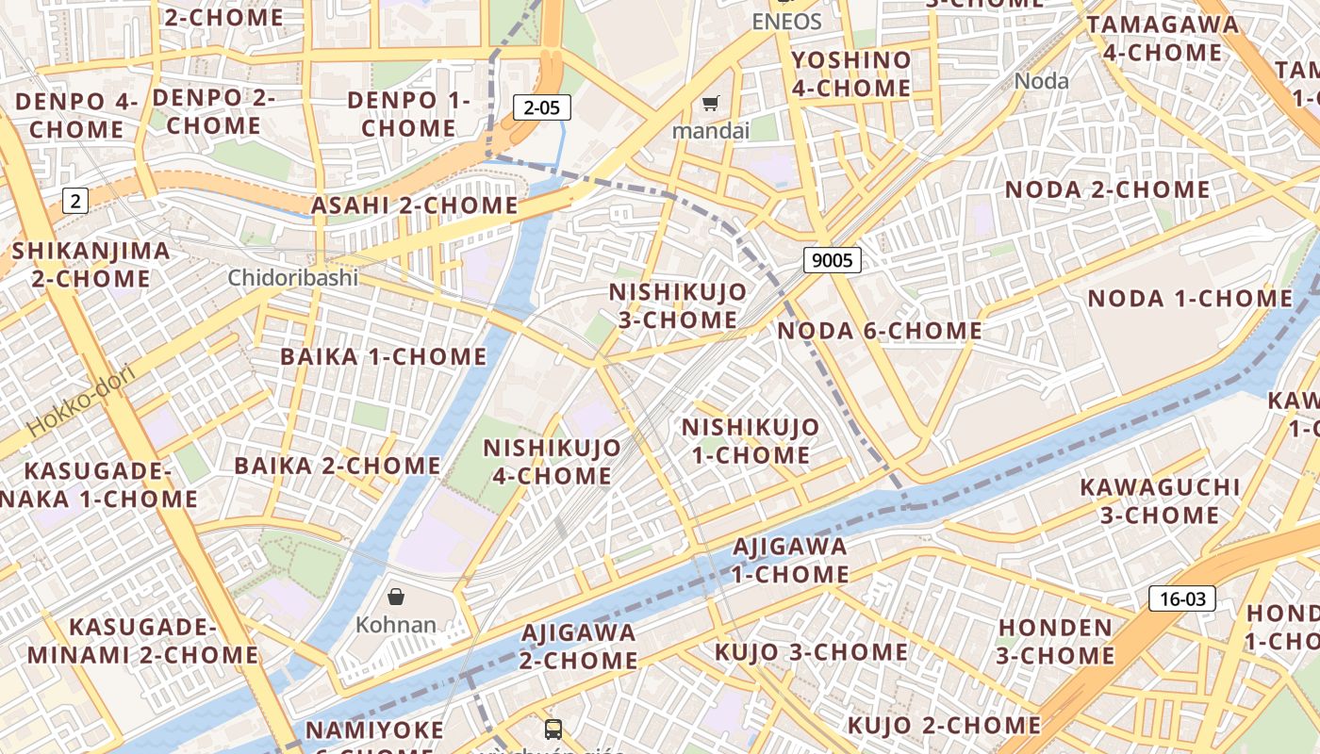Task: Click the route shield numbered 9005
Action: pyautogui.click(x=833, y=260)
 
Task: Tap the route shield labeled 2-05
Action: pyautogui.click(x=542, y=107)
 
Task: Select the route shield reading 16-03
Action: pyautogui.click(x=1182, y=598)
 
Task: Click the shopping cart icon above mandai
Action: pyautogui.click(x=710, y=103)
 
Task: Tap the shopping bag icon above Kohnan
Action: pyautogui.click(x=396, y=597)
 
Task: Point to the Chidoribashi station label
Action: pyautogui.click(x=293, y=277)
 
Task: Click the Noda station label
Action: pyautogui.click(x=1042, y=81)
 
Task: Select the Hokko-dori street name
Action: pyautogui.click(x=82, y=401)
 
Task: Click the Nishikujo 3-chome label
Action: pyautogui.click(x=678, y=305)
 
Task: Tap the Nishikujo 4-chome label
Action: pyautogui.click(x=553, y=461)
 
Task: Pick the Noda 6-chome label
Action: pyautogui.click(x=880, y=331)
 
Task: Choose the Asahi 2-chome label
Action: pyautogui.click(x=415, y=205)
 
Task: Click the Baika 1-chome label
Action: pyautogui.click(x=383, y=356)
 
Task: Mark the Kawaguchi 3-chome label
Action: pyautogui.click(x=1160, y=500)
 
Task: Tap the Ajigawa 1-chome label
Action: pyautogui.click(x=790, y=559)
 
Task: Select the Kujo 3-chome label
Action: pyautogui.click(x=811, y=652)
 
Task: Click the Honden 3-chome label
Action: pyautogui.click(x=1056, y=641)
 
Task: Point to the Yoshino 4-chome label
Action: pyautogui.click(x=851, y=74)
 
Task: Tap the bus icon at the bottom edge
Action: pyautogui.click(x=553, y=729)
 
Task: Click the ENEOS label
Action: pyautogui.click(x=786, y=21)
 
